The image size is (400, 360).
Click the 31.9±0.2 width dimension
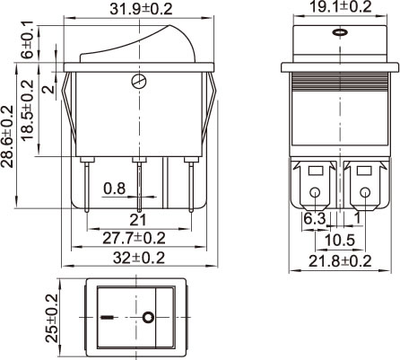(141, 9)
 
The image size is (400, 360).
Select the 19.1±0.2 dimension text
(340, 6)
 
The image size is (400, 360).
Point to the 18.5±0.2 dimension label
(27, 110)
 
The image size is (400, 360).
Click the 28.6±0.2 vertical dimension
(7, 136)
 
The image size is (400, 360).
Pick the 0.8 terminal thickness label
(115, 189)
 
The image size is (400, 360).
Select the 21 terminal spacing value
(138, 220)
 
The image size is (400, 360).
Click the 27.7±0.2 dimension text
(134, 238)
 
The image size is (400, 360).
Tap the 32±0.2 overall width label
(139, 258)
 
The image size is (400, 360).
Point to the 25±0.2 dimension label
(51, 318)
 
